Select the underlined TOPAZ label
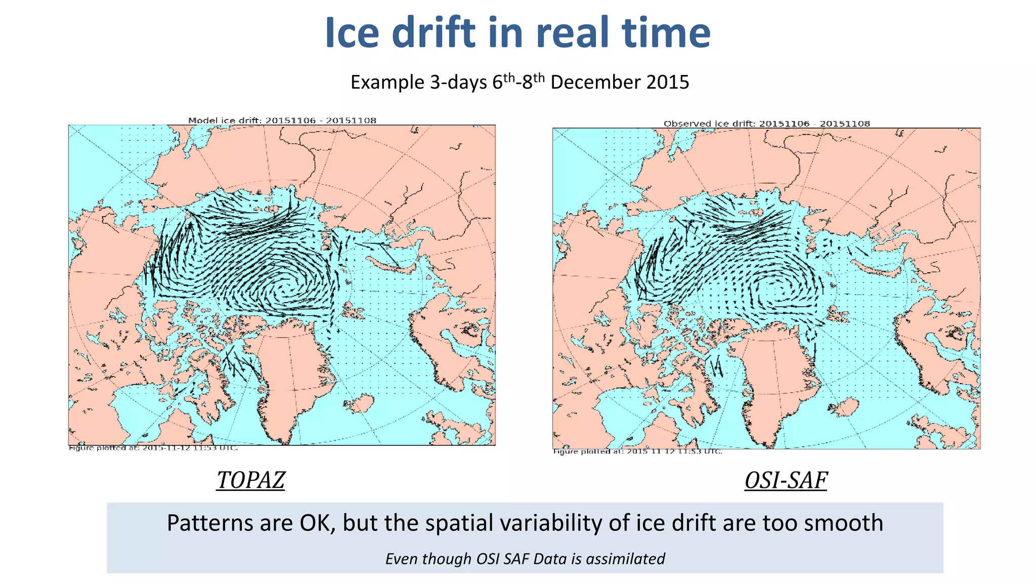[x=251, y=480]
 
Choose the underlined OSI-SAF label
[x=786, y=480]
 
